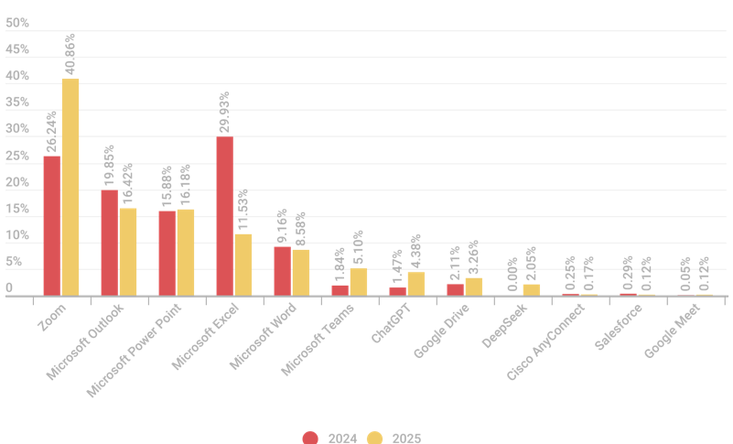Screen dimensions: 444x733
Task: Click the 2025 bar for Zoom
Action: [70, 187]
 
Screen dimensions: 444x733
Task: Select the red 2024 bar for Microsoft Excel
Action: [225, 216]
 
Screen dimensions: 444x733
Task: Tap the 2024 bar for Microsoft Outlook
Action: [110, 243]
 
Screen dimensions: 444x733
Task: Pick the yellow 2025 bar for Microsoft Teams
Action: [359, 282]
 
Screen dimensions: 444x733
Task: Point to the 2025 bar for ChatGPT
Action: [416, 284]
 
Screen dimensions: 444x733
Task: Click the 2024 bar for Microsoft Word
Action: [283, 271]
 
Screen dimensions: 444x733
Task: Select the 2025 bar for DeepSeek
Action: [532, 290]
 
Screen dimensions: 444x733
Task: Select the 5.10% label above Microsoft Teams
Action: [359, 246]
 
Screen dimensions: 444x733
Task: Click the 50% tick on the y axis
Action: [17, 23]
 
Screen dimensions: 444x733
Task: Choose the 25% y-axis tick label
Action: [17, 157]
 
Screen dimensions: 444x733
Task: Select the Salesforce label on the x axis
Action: [620, 328]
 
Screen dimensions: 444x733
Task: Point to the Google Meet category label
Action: [674, 331]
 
